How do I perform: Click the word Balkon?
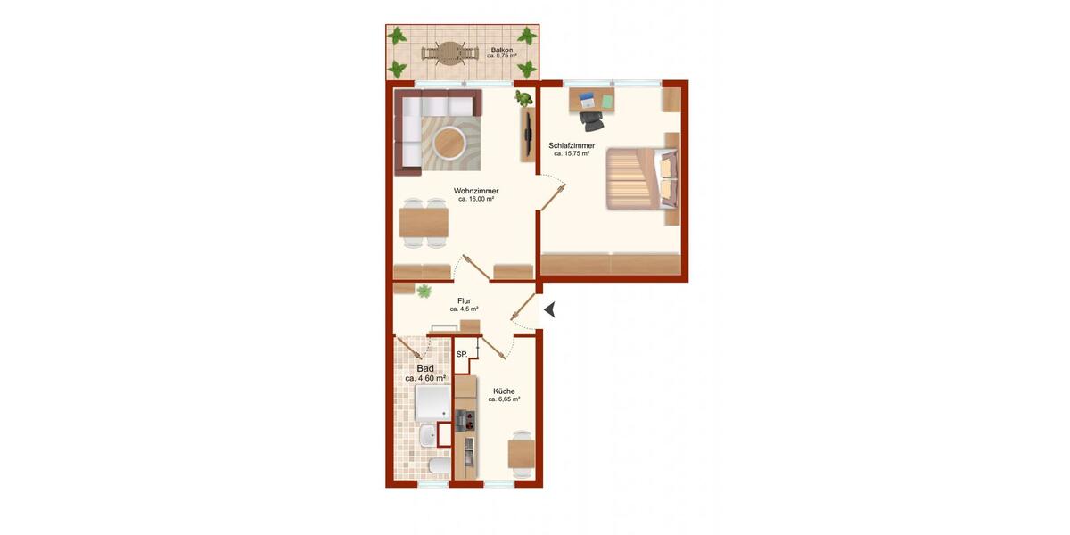502,50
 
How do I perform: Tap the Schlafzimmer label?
572,145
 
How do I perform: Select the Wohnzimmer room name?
475,191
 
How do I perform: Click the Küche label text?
503,391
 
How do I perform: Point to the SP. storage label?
462,355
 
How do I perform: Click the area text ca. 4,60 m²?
425,379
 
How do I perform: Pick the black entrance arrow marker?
550,309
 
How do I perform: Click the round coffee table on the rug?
448,142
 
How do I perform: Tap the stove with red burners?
465,420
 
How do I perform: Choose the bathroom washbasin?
428,435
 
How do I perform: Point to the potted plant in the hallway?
424,290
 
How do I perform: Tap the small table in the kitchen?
521,453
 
